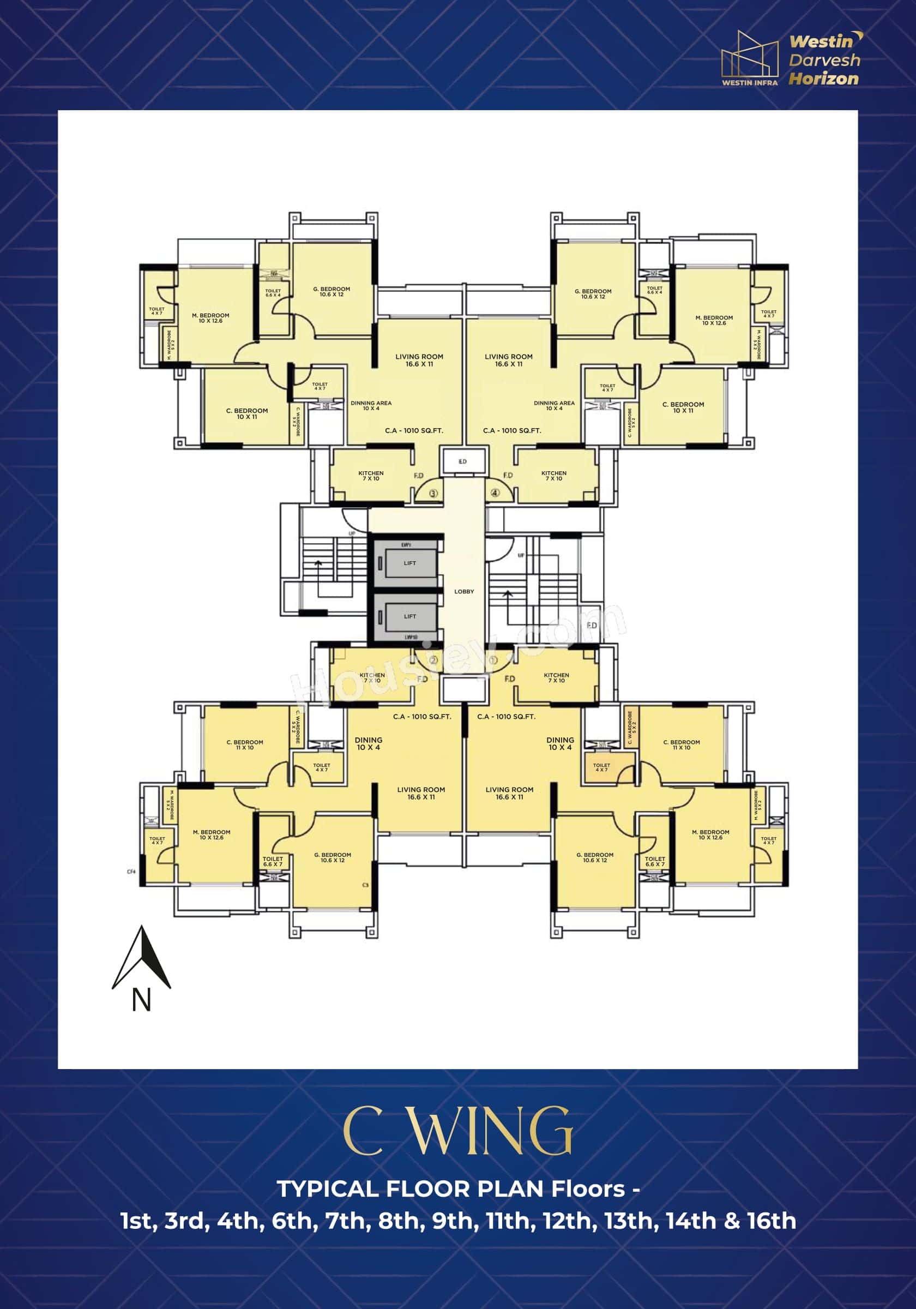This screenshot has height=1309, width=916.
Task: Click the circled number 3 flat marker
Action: pyautogui.click(x=433, y=493)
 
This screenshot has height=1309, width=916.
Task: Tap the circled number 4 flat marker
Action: pyautogui.click(x=495, y=493)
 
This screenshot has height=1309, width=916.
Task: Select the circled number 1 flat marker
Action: pyautogui.click(x=493, y=660)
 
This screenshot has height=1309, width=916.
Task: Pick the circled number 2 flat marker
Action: pyautogui.click(x=433, y=660)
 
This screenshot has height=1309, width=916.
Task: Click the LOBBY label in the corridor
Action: pyautogui.click(x=464, y=592)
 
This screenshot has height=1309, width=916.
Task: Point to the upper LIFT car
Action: pyautogui.click(x=410, y=563)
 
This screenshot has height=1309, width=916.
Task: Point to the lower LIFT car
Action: pyautogui.click(x=410, y=617)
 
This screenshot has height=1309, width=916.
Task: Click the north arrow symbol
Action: pyautogui.click(x=141, y=959)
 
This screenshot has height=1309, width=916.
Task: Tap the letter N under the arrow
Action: pyautogui.click(x=141, y=1000)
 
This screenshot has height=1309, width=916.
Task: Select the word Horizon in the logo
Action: pyautogui.click(x=824, y=79)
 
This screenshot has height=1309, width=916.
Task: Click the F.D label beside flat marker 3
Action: pyautogui.click(x=418, y=476)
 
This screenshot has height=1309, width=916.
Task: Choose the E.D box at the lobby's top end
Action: pyautogui.click(x=462, y=461)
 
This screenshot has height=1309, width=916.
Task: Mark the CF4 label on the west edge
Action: pyautogui.click(x=131, y=871)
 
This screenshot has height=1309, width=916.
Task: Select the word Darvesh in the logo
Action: pyautogui.click(x=824, y=60)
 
